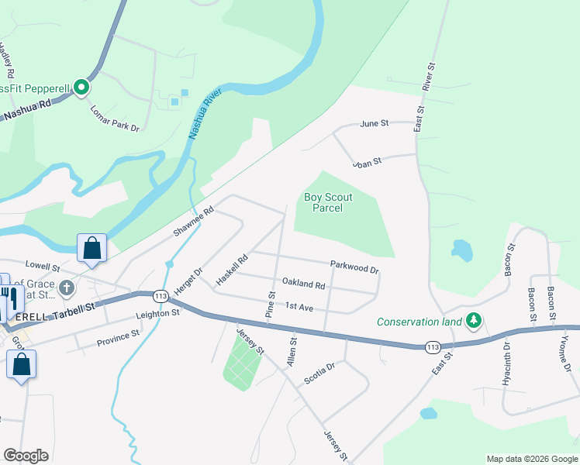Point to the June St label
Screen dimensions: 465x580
point(374,123)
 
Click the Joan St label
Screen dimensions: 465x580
point(368,162)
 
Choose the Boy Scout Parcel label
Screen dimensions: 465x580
point(328,202)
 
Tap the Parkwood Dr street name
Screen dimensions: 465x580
point(354,267)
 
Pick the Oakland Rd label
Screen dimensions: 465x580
point(303,285)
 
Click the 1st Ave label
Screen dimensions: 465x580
point(299,308)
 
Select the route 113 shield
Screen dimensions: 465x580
point(161,297)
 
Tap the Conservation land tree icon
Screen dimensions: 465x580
point(472,320)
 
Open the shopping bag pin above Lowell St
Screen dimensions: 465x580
point(91,249)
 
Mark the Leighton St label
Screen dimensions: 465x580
point(157,314)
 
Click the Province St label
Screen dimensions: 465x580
point(118,339)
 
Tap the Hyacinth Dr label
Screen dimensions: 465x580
point(506,362)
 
